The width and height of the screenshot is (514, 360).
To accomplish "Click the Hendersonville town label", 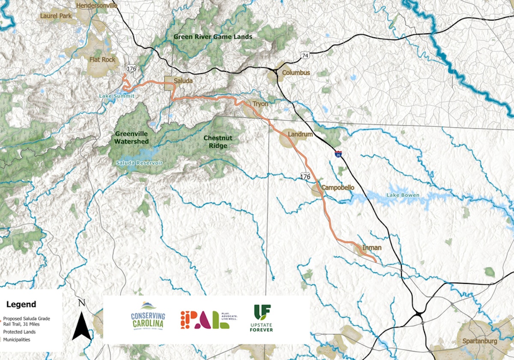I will coord(96,6).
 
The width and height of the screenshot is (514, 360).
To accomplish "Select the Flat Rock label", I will coord(102,60).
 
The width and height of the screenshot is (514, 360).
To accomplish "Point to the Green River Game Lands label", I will coord(212,37).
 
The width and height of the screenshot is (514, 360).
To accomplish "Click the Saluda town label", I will coord(183,80).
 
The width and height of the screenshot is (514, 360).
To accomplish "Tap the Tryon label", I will coord(260,104).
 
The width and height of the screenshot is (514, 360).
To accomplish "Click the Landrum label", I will coord(300,134).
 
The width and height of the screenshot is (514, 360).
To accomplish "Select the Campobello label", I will coord(338,188).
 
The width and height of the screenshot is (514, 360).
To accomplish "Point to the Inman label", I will coord(371,247).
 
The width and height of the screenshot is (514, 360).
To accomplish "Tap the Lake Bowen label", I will coord(403,195).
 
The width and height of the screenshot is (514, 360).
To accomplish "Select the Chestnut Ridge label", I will coord(218,142).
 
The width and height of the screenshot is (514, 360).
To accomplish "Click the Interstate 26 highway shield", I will coord(338,154).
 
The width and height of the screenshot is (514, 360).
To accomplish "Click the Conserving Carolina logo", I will coord(147,317).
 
